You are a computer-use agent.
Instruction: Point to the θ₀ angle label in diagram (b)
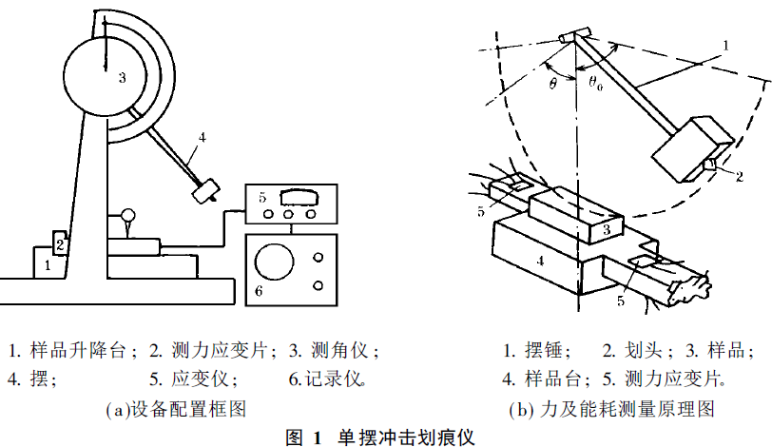coord(596,82)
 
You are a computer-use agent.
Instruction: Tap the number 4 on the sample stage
coord(539,258)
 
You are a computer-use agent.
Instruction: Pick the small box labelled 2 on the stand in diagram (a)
coord(59,243)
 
